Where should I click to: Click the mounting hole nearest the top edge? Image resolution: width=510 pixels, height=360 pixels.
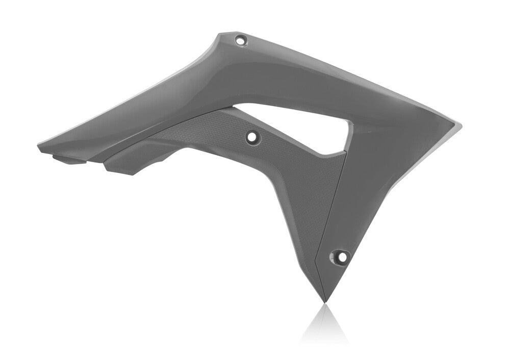(x=240, y=39)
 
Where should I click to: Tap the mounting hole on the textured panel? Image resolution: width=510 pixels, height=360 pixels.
(x=252, y=136)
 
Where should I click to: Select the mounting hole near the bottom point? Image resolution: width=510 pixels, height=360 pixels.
(x=340, y=256)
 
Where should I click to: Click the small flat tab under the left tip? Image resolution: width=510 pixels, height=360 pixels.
(x=69, y=160)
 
